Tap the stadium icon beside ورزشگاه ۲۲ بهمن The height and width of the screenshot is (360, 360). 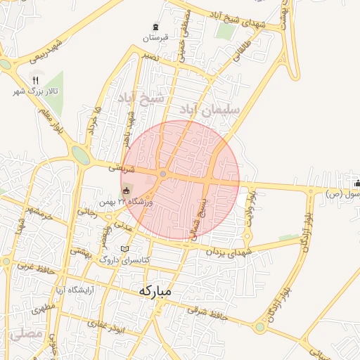126,191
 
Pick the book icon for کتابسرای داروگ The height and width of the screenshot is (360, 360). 125,249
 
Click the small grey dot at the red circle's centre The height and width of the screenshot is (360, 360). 163,174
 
